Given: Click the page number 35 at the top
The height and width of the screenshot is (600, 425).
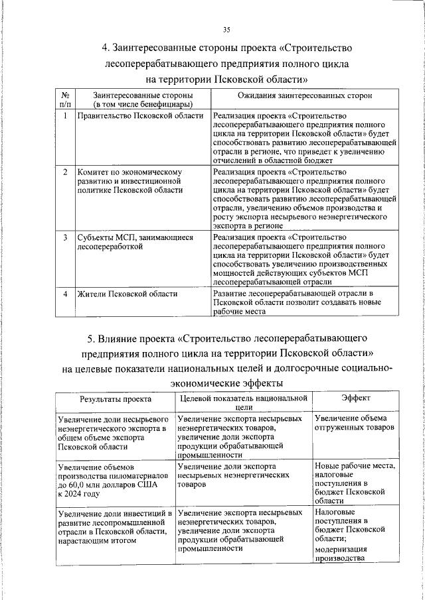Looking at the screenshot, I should pos(226,30).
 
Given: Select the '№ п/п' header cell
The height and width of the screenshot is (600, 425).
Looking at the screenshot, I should pos(65,100).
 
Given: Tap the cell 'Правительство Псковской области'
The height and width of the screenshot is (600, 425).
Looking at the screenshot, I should pos(140,116).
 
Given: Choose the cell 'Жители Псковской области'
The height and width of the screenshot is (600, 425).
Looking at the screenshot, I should pos(127,294).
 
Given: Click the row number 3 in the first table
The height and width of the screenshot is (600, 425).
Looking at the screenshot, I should pos(65,237).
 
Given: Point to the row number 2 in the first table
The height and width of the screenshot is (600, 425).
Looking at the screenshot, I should pos(65,172).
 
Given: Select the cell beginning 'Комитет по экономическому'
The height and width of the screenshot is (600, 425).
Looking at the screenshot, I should pos(129,181).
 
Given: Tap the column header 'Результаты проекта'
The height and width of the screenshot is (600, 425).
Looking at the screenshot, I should pos(116,399).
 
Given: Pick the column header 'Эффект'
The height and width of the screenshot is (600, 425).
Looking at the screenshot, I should pos(356,398).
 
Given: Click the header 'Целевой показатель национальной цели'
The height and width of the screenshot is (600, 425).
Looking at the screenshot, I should pos(243,403).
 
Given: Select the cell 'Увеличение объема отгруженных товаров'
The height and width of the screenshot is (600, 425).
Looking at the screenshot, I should pos(355,423).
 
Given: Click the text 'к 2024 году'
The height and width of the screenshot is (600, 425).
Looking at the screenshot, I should pos(79,494).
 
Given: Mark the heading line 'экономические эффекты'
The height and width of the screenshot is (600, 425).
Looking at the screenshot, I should pos(226,383).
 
